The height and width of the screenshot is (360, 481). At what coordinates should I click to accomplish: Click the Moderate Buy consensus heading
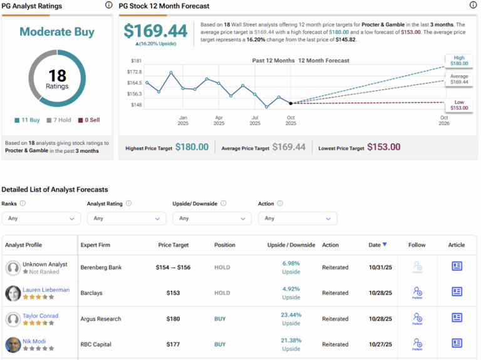click(x=57, y=31)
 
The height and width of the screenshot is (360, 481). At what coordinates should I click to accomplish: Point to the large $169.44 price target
click(x=155, y=31)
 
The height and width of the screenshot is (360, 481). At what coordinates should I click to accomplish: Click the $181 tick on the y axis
click(x=136, y=61)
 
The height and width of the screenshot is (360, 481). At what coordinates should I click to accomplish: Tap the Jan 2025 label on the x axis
click(x=183, y=120)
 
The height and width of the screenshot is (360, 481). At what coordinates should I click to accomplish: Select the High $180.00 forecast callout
click(x=459, y=61)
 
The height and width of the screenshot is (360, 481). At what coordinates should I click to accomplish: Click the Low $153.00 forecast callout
click(x=459, y=105)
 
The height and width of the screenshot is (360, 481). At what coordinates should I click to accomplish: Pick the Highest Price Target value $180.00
click(x=192, y=147)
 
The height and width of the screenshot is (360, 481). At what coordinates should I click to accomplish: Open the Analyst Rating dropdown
click(x=127, y=219)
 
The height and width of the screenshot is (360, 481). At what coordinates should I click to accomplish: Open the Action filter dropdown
click(x=297, y=219)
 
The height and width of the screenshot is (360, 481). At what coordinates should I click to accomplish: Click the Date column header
click(x=378, y=245)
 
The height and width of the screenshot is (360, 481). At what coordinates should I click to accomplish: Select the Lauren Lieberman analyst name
click(x=46, y=290)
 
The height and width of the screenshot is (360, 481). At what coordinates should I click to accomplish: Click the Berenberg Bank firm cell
click(x=100, y=267)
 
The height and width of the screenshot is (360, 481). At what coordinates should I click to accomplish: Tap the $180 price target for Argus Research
click(x=173, y=319)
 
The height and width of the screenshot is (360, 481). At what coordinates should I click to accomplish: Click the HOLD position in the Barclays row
click(x=222, y=293)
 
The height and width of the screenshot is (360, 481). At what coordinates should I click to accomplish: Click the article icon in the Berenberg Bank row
click(x=457, y=266)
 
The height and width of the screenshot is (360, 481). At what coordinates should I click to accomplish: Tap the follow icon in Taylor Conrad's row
click(x=417, y=319)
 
